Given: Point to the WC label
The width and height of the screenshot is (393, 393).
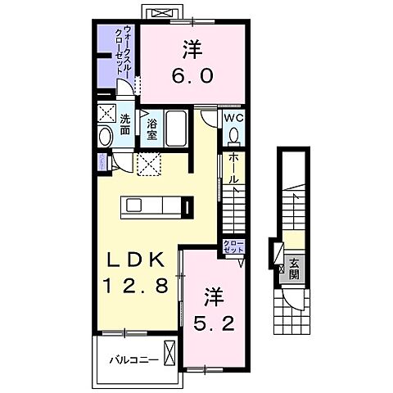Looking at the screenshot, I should (x=233, y=117).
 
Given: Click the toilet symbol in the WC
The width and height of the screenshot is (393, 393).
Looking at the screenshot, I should (x=233, y=136).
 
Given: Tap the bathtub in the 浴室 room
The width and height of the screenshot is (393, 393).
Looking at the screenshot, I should (x=176, y=129).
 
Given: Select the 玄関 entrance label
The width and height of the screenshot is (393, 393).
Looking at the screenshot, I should (x=293, y=269).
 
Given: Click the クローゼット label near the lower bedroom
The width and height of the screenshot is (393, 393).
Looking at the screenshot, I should (x=233, y=247).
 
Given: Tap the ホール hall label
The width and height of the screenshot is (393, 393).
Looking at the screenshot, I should (x=233, y=167).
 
